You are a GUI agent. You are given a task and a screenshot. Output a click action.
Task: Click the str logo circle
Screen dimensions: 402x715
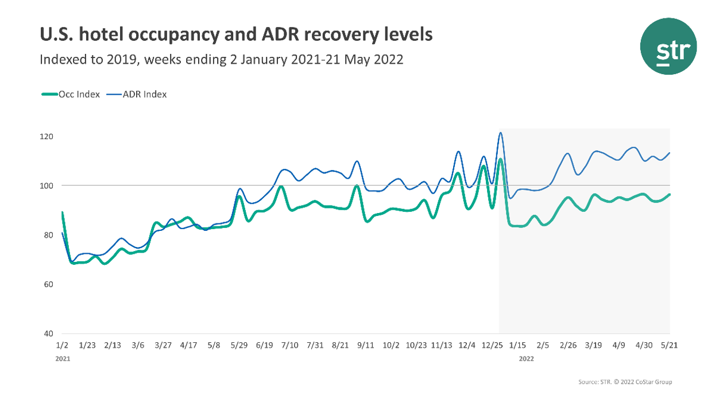668,47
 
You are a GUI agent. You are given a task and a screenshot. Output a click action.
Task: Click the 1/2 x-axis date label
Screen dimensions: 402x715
62,345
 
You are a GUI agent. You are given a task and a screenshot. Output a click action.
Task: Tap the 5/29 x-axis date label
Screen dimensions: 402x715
239,345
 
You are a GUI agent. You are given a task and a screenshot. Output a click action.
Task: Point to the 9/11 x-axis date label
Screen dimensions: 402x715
366,345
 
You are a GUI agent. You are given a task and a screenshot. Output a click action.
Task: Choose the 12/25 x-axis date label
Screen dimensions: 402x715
492,345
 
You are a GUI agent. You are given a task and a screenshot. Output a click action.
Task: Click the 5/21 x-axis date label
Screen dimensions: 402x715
669,345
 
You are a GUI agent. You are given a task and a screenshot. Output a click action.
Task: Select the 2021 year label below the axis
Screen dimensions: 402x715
62,358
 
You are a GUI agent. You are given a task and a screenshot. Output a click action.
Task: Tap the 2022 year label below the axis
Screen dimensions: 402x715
526,358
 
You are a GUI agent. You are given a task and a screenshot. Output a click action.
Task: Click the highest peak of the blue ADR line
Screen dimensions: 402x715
500,133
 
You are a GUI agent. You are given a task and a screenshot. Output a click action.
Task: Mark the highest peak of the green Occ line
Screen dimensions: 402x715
500,159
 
